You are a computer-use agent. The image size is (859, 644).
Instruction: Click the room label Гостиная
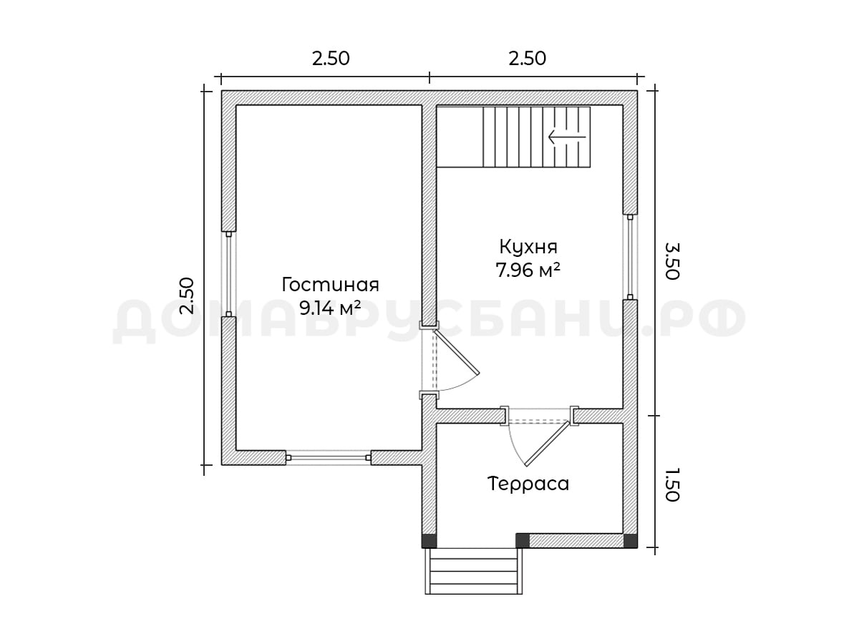(330, 286)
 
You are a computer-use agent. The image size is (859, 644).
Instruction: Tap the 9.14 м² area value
(329, 308)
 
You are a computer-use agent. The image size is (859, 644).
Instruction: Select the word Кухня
(528, 248)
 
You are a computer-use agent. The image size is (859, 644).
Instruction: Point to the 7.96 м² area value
(528, 270)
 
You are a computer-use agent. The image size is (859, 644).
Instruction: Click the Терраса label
(528, 484)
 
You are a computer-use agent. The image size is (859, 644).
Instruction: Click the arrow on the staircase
(567, 137)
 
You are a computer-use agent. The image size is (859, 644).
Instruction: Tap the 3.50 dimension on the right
(672, 260)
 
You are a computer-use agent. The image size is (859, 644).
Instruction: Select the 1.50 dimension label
(672, 484)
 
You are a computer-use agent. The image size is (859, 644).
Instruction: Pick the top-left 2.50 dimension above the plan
(331, 59)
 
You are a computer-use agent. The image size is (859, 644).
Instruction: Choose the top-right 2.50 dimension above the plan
(527, 59)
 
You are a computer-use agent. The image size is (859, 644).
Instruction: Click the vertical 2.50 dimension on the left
(186, 296)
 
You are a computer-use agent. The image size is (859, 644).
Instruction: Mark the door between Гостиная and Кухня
(450, 361)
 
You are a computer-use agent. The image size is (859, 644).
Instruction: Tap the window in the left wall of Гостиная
(228, 274)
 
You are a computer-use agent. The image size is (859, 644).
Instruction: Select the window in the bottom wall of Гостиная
(329, 457)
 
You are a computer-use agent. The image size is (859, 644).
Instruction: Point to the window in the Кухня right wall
(630, 257)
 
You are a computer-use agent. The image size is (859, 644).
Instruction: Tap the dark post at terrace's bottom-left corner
(429, 540)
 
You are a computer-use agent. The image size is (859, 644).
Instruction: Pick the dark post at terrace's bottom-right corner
(630, 540)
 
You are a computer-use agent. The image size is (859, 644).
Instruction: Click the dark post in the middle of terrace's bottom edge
(523, 540)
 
